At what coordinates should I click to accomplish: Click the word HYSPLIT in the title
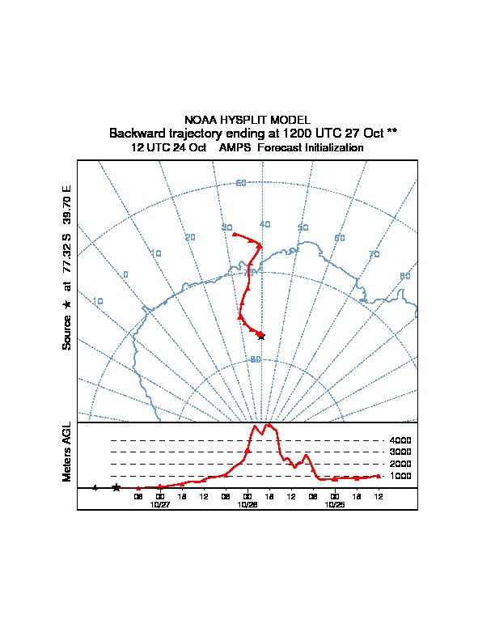click(x=250, y=120)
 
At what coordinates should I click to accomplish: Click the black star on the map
click(x=260, y=335)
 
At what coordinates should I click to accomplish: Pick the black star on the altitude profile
click(x=116, y=487)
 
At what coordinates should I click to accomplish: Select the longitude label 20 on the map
click(x=190, y=237)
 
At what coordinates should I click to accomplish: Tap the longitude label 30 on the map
click(x=226, y=227)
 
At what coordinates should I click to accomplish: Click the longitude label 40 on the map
click(x=264, y=224)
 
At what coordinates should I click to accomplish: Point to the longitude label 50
click(x=302, y=228)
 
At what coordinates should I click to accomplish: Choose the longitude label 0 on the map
click(x=125, y=274)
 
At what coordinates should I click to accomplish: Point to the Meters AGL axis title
click(x=68, y=452)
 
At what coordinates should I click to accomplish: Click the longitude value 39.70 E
click(x=68, y=205)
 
